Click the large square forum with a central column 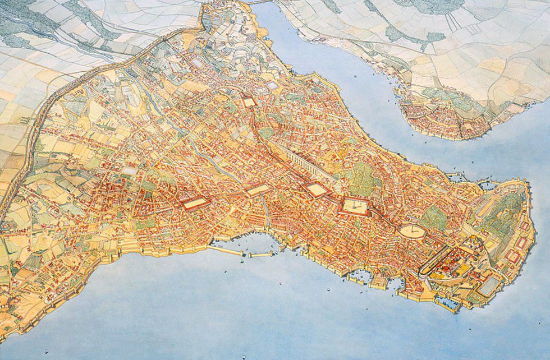[x=354, y=208]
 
